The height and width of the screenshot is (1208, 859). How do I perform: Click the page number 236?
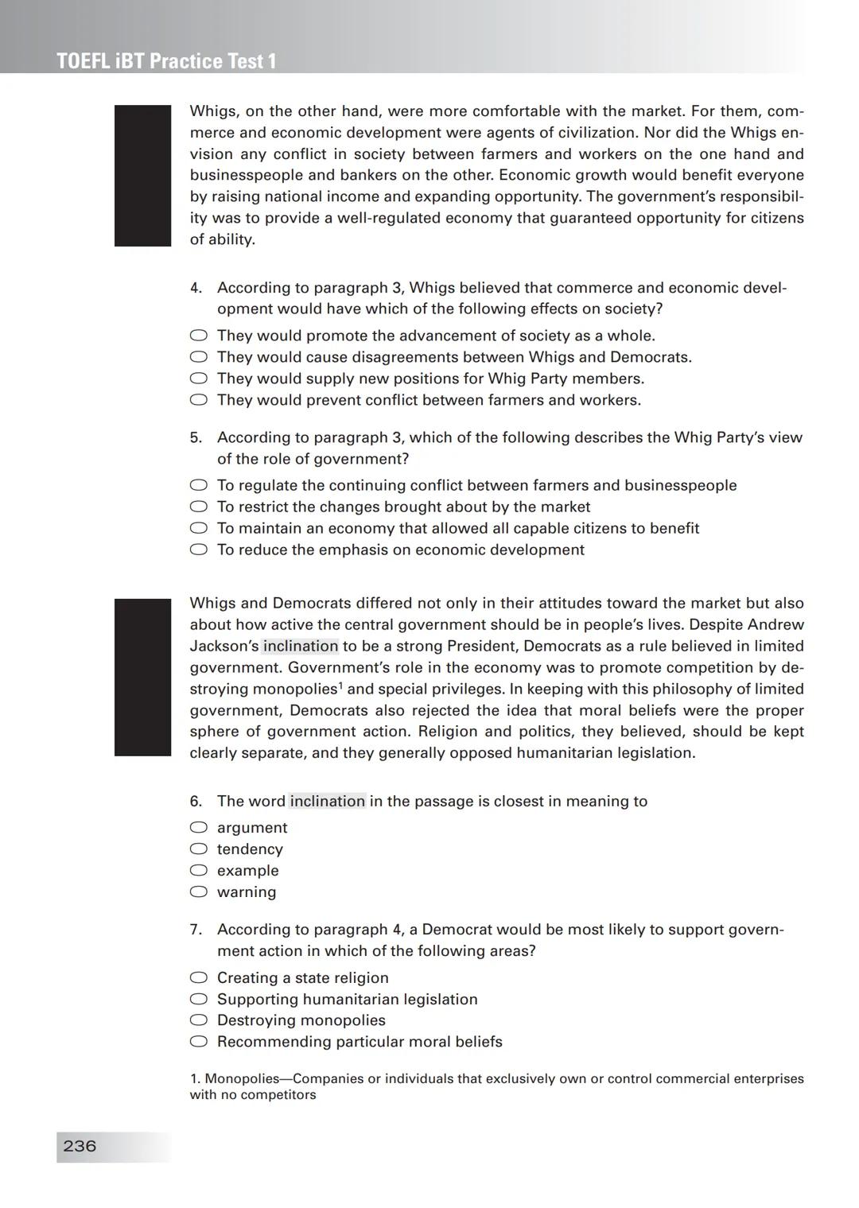[80, 1146]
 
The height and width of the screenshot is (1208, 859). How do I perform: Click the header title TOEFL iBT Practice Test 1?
[167, 61]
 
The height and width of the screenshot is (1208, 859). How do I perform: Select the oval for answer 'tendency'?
[199, 849]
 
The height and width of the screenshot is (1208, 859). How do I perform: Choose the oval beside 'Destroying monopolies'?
[199, 1020]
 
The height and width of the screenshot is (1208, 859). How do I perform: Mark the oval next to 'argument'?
[199, 828]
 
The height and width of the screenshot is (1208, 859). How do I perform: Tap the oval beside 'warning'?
[199, 892]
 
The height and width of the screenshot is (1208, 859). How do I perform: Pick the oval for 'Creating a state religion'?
[199, 978]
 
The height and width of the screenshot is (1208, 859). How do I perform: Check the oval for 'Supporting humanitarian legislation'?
[199, 1000]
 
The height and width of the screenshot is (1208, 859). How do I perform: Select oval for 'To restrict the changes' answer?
[199, 507]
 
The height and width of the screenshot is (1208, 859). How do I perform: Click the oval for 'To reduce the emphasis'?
[199, 550]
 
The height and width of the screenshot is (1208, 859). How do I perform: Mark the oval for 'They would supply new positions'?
[199, 379]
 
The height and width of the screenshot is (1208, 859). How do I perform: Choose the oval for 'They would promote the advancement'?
[199, 336]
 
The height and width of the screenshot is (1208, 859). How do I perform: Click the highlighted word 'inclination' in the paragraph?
[301, 647]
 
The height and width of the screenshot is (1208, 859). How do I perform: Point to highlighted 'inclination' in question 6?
[328, 801]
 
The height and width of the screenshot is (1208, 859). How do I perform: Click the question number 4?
[196, 288]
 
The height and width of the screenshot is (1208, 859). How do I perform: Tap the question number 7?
[196, 930]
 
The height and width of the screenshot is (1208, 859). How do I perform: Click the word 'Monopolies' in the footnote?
[242, 1079]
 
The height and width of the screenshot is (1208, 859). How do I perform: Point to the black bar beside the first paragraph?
[143, 176]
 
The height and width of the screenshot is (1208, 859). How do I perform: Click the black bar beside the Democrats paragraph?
[143, 677]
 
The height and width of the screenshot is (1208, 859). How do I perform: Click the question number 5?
[196, 437]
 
